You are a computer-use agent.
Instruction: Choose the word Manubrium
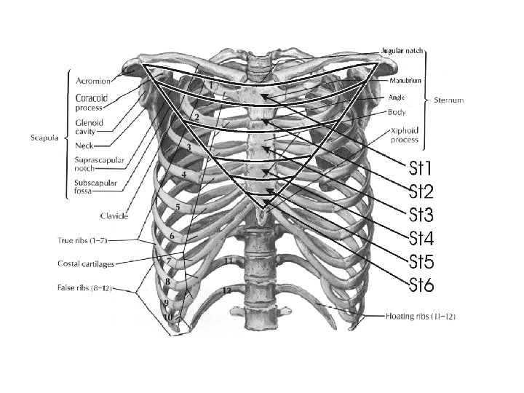pyautogui.click(x=407, y=81)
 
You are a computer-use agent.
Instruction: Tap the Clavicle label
pyautogui.click(x=115, y=215)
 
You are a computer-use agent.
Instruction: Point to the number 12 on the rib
pyautogui.click(x=228, y=289)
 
